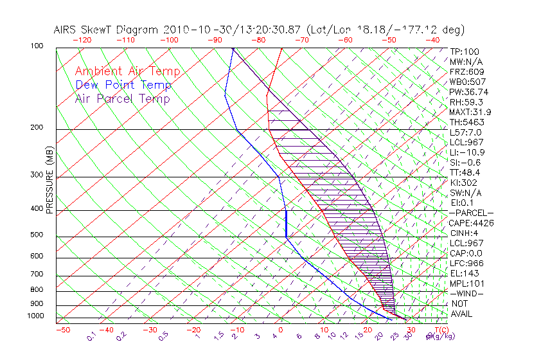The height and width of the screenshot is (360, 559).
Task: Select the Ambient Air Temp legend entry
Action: [x=127, y=71]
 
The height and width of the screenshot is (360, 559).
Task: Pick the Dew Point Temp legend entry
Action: [x=123, y=85]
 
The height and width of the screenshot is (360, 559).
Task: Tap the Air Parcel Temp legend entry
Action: [x=122, y=98]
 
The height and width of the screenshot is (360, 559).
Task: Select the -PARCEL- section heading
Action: [x=471, y=213]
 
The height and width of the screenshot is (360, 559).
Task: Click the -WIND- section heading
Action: [x=466, y=293]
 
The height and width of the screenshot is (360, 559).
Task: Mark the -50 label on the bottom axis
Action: [x=62, y=330]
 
